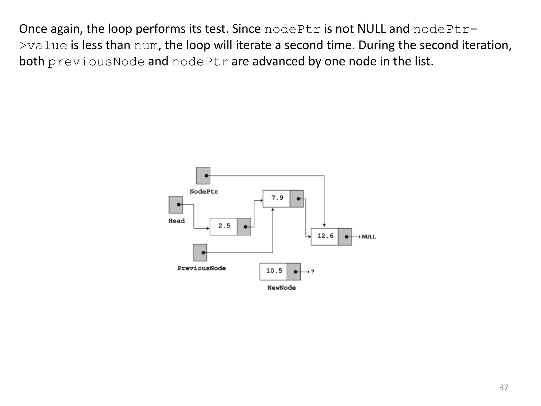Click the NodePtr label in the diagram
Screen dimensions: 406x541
[x=204, y=192]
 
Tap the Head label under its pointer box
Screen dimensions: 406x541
[x=176, y=221]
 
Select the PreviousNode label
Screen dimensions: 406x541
[x=202, y=268]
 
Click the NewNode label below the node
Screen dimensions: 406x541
[x=281, y=288]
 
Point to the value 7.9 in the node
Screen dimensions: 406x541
[x=277, y=198]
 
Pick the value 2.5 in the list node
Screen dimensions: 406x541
[x=224, y=226]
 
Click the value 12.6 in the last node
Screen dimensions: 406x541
[x=325, y=236]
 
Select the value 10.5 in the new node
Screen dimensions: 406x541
[x=274, y=271]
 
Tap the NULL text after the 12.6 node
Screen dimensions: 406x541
[x=369, y=237]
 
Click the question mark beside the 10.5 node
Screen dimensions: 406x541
[x=313, y=272]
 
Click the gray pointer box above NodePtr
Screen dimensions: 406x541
[x=203, y=176]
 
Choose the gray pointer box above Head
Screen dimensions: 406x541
[x=176, y=205]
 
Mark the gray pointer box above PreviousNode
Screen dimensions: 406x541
[x=200, y=252]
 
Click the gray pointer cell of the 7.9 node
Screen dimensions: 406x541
[x=297, y=199]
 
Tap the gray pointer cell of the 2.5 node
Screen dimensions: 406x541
[x=244, y=227]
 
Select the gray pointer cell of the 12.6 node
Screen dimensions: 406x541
[x=345, y=237]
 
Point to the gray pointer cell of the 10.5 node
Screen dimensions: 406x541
[x=293, y=271]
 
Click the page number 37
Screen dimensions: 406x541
[x=503, y=387]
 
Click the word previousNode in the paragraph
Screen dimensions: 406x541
[x=96, y=62]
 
